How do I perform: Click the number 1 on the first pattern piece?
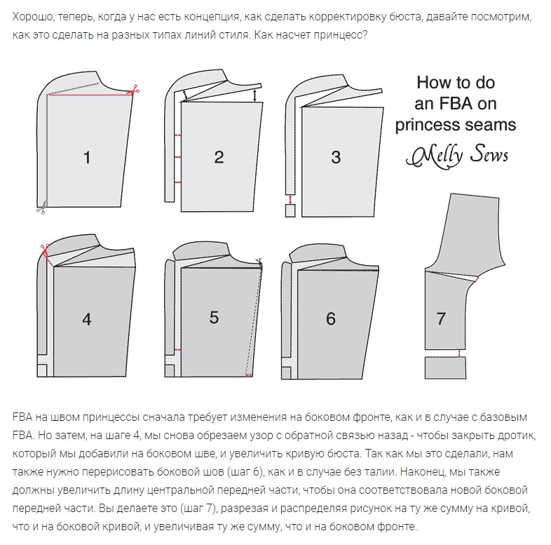pos(87,157)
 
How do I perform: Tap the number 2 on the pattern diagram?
pos(219,157)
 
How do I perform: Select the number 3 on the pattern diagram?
pos(336,157)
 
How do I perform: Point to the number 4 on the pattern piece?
pos(87,319)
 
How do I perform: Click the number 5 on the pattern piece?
pos(214,317)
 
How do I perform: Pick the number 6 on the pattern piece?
pos(331,318)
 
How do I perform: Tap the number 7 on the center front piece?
pos(441,318)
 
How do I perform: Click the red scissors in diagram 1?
pos(134,90)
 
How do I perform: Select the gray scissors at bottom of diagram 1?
pos(41,208)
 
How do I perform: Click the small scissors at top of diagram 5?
pos(259,261)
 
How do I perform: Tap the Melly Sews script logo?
pos(458,156)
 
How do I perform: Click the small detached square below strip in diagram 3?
pos(290,210)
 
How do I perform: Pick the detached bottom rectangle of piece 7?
pos(446,368)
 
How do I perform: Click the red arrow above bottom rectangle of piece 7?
pos(458,354)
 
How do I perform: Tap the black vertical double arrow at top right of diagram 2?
pos(254,95)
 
